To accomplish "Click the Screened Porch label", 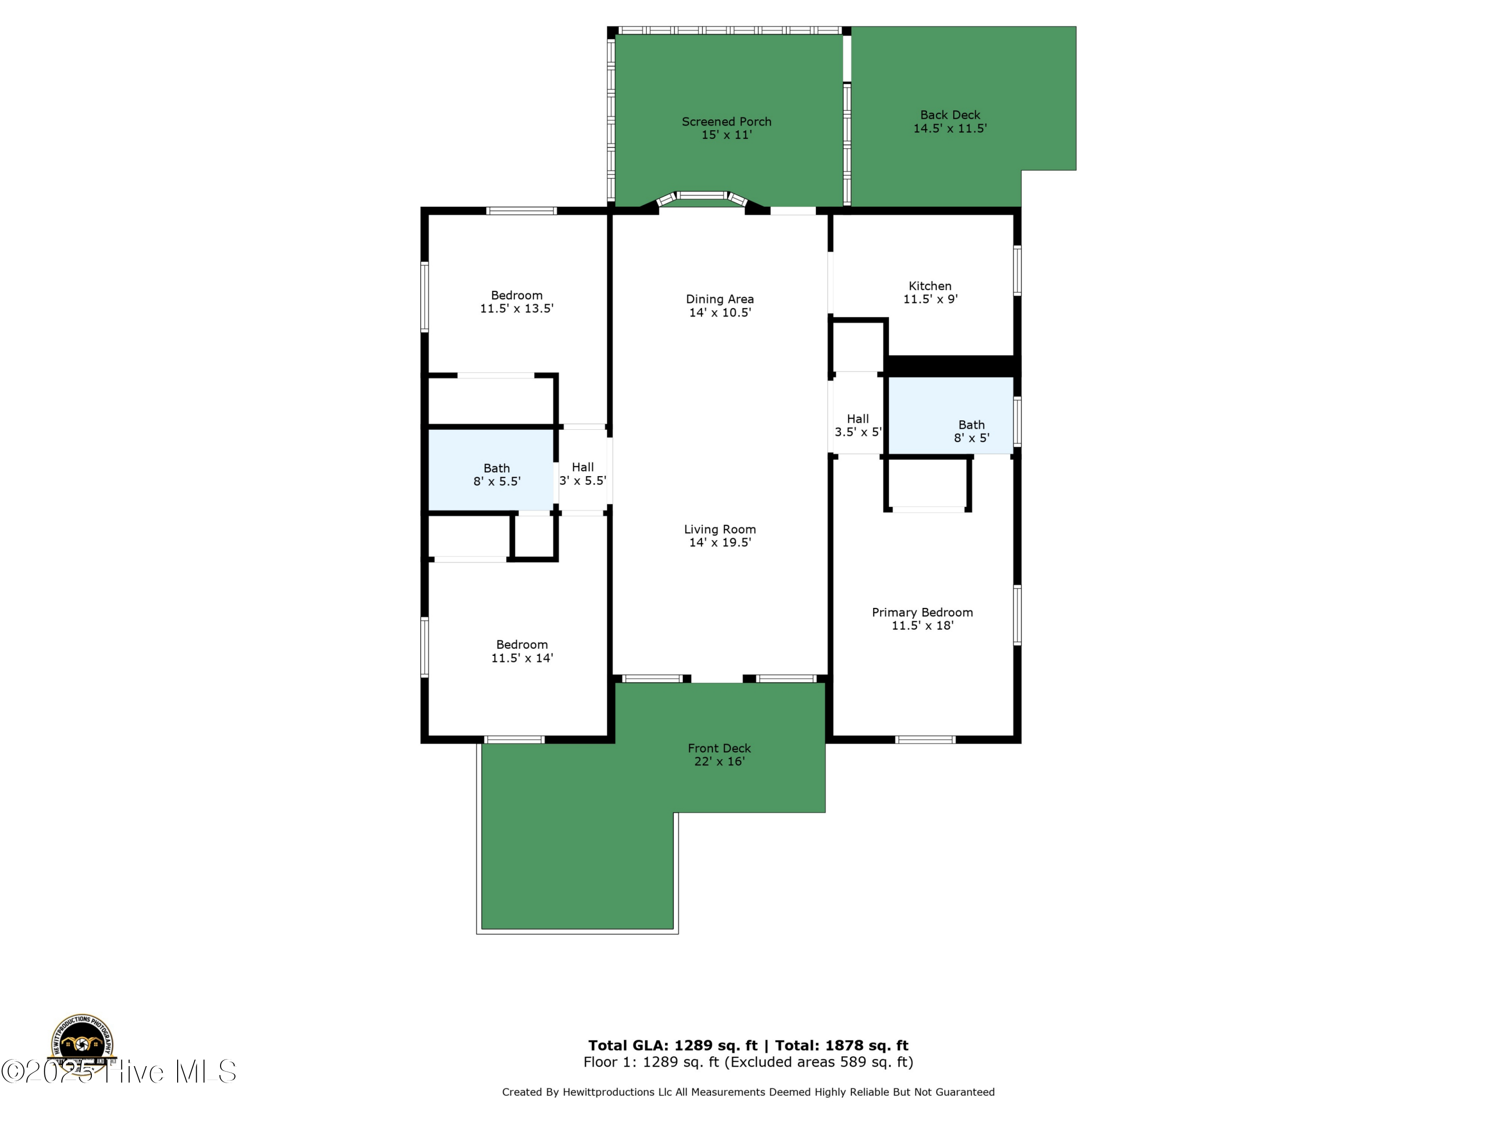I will pos(726,122).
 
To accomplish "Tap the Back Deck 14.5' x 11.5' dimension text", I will pos(950,129).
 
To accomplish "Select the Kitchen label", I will pos(930,286).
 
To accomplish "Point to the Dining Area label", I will pos(720,299).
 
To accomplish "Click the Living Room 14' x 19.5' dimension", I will pos(720,543).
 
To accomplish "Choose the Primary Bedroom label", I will pos(922,612).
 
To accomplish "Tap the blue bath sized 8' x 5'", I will pos(950,414).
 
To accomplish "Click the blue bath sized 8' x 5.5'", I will pos(492,470).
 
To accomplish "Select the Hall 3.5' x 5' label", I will pos(857,426).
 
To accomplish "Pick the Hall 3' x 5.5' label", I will pos(583,474).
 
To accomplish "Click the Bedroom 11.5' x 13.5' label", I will pos(516,302).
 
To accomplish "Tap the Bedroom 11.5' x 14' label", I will pos(522,651).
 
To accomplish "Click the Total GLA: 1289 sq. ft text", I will pos(672,1046).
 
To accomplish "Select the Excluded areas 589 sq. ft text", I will pos(819,1062).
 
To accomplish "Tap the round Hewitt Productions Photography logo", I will pos(82,1046).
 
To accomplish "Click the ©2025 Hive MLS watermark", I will pos(118,1072).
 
